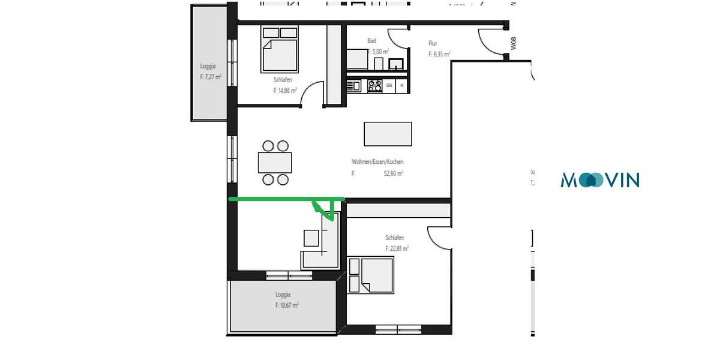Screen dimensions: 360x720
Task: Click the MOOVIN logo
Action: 600,179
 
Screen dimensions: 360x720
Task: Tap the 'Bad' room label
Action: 372,41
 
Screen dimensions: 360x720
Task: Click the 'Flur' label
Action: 432,43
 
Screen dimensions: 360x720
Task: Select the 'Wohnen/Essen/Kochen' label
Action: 377,162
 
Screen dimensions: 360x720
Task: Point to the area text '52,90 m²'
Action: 394,173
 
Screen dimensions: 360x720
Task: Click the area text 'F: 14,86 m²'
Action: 284,91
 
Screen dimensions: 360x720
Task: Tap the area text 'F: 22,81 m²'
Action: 397,248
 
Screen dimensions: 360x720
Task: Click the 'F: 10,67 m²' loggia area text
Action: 286,305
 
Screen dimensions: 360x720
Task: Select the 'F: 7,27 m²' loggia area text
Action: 211,77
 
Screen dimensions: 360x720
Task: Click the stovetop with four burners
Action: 375,86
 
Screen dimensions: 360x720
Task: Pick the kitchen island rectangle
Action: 388,134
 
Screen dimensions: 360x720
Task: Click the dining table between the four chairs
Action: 275,163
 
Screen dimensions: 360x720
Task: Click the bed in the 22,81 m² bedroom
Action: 372,275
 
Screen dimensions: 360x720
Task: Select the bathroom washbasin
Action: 396,64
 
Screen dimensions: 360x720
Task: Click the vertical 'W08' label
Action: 513,43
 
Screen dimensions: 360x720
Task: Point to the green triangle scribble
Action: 325,208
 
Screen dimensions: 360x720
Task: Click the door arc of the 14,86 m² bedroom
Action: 312,96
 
